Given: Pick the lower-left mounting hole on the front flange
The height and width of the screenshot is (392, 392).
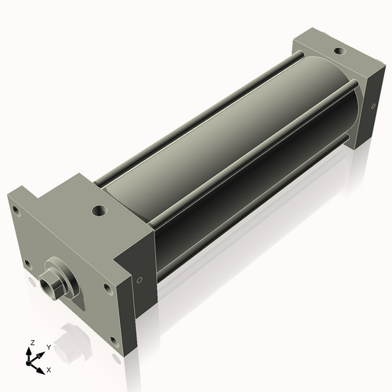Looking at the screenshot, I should click(28, 263).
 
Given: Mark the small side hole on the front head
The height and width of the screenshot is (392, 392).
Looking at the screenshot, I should click(140, 278).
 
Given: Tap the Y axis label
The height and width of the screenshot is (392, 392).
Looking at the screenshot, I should click(49, 346).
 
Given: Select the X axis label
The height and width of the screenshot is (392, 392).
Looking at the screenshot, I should click(49, 368).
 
